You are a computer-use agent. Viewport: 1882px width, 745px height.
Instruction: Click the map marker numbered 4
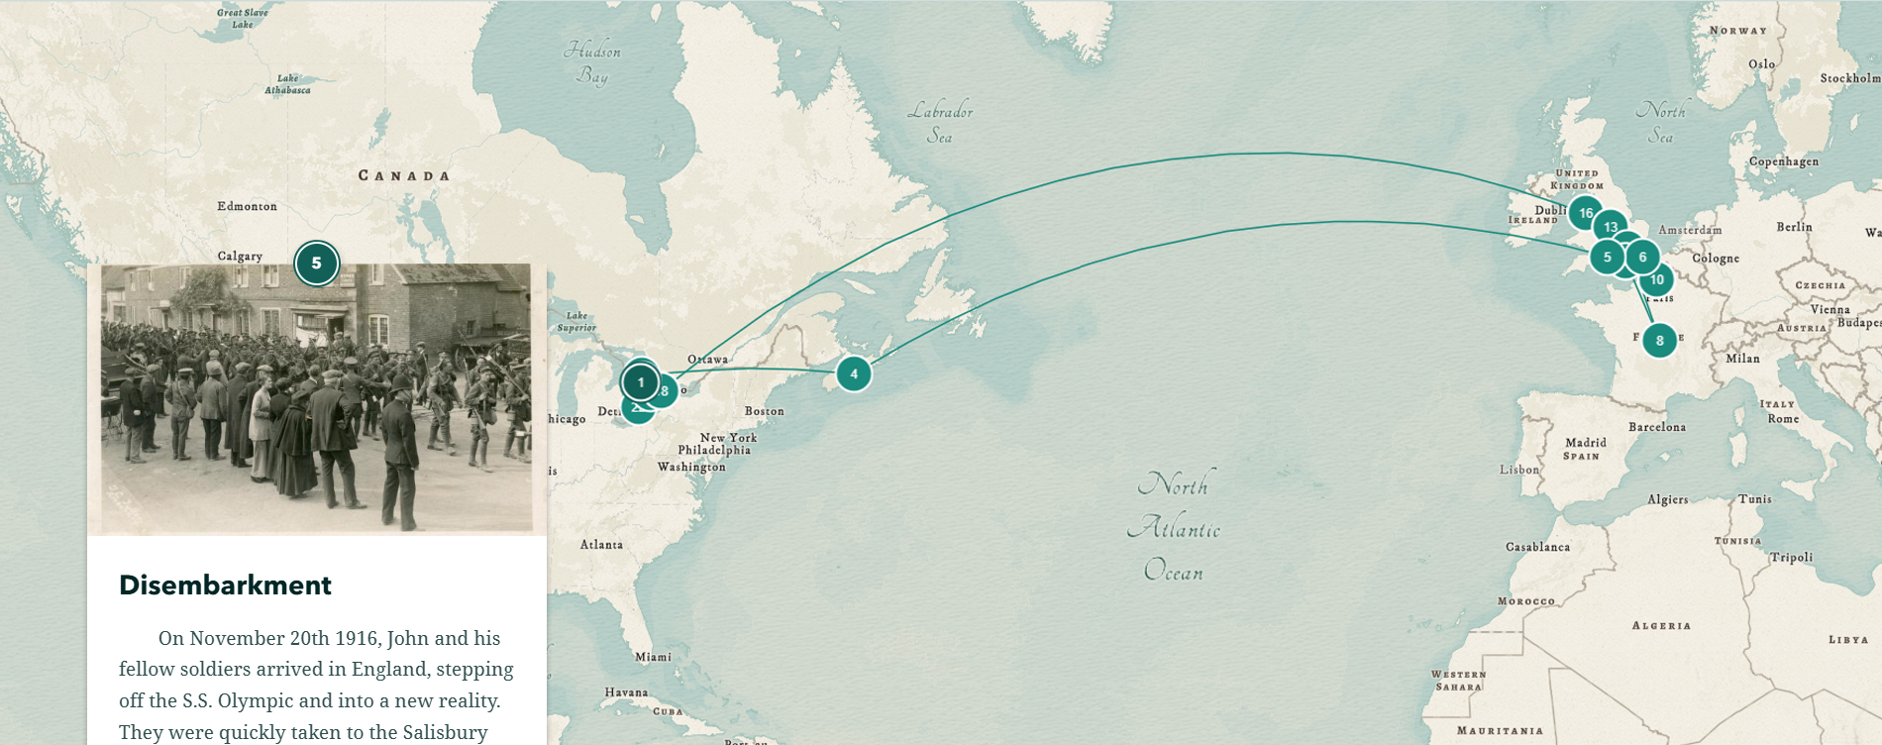(x=853, y=374)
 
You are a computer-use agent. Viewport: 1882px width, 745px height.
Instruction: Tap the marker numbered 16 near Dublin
(x=1586, y=213)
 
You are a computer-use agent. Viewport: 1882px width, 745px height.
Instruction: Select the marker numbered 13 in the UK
(x=1611, y=227)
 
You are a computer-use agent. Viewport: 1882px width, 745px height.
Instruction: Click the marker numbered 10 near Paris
(x=1657, y=280)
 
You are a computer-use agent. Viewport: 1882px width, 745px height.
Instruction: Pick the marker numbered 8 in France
(x=1659, y=341)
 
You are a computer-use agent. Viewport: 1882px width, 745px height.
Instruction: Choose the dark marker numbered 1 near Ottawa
(x=641, y=382)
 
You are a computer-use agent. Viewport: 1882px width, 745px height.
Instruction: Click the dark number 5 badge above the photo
(x=316, y=264)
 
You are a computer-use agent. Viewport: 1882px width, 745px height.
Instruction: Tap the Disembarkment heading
(x=225, y=585)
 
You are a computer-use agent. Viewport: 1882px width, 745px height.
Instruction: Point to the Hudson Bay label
(x=592, y=62)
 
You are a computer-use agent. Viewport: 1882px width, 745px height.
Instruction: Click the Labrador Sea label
(x=940, y=123)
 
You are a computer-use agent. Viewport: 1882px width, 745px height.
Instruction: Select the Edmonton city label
(x=247, y=206)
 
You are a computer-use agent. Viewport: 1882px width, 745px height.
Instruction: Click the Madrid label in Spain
(x=1585, y=443)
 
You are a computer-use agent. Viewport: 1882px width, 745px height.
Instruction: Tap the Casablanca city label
(x=1537, y=547)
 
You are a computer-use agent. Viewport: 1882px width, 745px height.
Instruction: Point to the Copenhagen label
(x=1783, y=161)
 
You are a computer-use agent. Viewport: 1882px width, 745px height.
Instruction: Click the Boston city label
(x=764, y=411)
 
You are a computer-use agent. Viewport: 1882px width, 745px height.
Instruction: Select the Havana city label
(x=626, y=692)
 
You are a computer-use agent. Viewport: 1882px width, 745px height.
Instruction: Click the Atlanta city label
(x=601, y=545)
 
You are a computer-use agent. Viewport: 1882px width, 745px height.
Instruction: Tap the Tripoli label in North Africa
(x=1791, y=558)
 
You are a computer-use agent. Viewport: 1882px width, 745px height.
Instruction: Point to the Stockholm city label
(x=1848, y=78)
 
